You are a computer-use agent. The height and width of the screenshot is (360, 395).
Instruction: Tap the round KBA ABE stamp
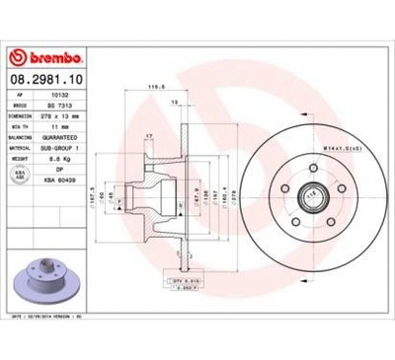coord(21,176)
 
